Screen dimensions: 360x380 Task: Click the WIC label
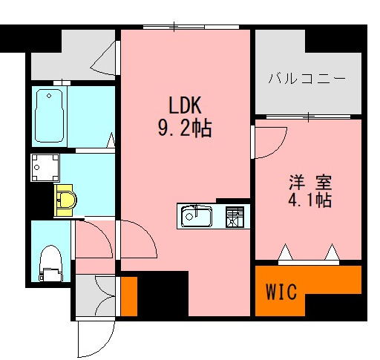tap(281, 292)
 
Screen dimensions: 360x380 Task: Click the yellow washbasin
tap(65, 200)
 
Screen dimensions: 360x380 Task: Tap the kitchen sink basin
tap(197, 217)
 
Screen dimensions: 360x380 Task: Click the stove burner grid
tap(235, 217)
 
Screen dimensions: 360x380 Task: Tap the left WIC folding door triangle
tap(286, 255)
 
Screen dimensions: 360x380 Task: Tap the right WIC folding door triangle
tap(332, 255)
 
